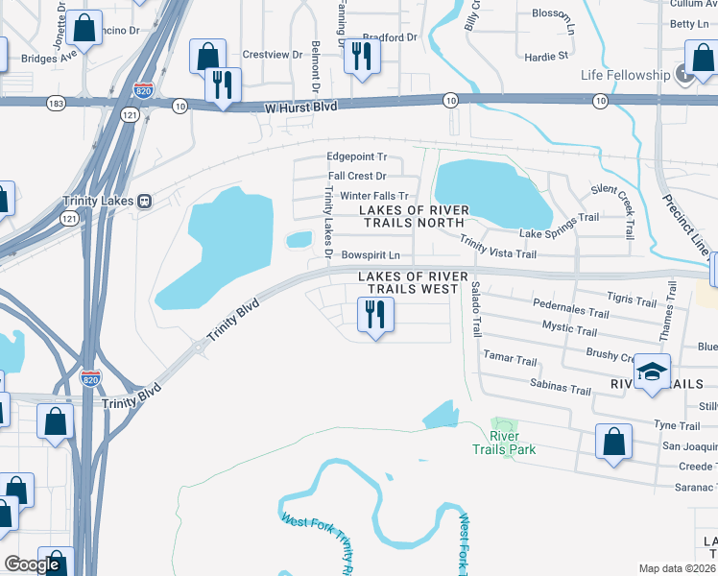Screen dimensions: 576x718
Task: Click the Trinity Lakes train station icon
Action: click(x=145, y=201)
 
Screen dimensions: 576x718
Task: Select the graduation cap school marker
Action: click(x=652, y=372)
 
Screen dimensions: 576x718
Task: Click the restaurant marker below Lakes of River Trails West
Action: click(x=375, y=314)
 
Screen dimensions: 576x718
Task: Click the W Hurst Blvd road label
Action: click(x=301, y=106)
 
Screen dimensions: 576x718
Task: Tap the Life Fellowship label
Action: click(x=625, y=75)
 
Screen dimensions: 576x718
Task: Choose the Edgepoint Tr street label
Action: click(x=356, y=156)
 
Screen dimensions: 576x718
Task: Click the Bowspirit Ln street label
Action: click(x=370, y=255)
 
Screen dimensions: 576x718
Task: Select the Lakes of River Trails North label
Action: click(x=414, y=217)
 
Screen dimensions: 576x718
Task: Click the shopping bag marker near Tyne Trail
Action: click(x=613, y=442)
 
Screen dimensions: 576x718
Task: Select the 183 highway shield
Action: click(x=57, y=102)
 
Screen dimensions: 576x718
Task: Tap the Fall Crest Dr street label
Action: click(x=357, y=176)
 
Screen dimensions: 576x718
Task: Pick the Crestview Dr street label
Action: click(x=266, y=54)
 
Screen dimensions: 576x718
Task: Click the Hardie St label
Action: click(x=548, y=57)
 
